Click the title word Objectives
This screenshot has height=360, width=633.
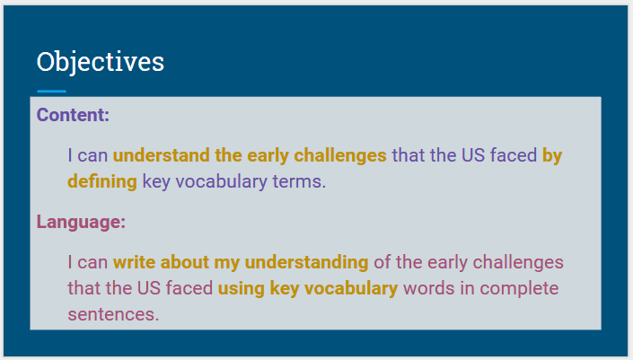tap(101, 62)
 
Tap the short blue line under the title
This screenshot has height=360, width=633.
tap(52, 92)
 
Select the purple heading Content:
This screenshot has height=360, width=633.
tap(73, 115)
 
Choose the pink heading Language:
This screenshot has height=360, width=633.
tap(81, 223)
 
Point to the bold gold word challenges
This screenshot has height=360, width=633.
tap(340, 156)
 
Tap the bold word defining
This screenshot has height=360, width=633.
tap(102, 182)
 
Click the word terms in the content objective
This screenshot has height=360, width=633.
tap(299, 182)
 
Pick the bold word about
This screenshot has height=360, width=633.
tap(184, 262)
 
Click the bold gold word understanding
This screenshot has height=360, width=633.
tap(306, 263)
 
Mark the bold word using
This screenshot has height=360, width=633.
tap(241, 289)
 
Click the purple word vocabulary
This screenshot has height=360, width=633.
tap(221, 182)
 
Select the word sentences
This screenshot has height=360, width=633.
tap(113, 315)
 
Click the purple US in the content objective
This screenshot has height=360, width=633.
tap(473, 155)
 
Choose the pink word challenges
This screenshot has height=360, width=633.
tap(518, 263)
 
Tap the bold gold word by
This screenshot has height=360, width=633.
tap(552, 156)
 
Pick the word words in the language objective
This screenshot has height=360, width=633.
tap(428, 289)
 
